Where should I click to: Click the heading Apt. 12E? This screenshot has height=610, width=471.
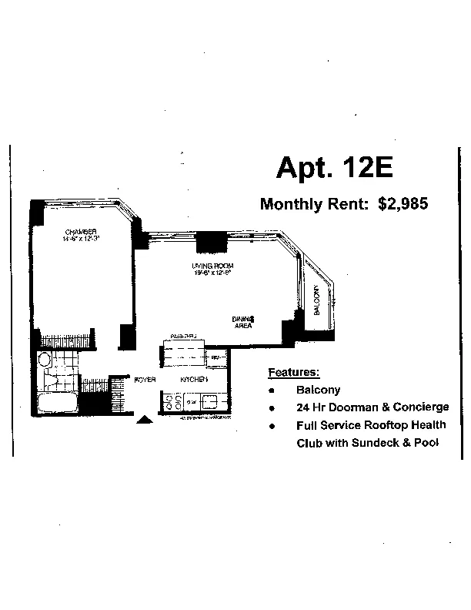[333, 167]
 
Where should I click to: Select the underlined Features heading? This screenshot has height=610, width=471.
[292, 373]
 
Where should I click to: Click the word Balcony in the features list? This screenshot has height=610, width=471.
[318, 390]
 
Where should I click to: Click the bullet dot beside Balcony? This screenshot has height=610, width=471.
[272, 390]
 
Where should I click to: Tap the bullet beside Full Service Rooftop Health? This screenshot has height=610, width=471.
[272, 426]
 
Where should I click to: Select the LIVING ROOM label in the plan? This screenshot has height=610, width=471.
[212, 267]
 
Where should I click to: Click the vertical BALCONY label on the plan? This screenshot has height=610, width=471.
[316, 301]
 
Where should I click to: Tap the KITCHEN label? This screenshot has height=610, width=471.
[195, 380]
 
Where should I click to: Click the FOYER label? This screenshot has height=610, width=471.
[145, 380]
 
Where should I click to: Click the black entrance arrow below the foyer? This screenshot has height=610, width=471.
[144, 420]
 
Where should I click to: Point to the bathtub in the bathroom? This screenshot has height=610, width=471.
[57, 404]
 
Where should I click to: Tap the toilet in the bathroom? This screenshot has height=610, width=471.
[45, 360]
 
